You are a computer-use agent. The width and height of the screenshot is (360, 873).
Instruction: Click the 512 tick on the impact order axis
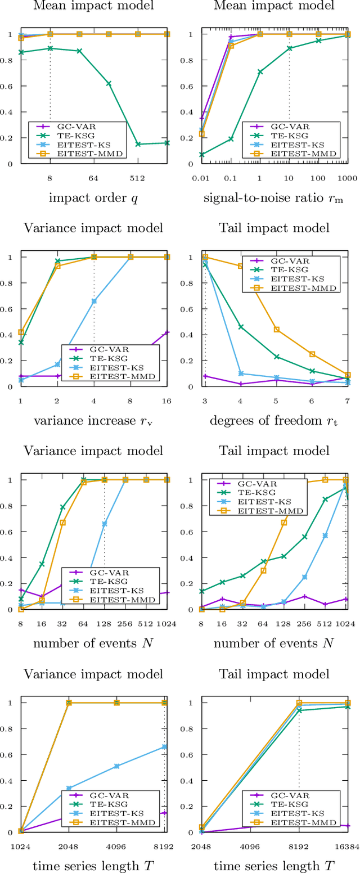(x=138, y=178)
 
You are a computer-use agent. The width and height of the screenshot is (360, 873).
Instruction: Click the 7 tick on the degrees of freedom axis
(x=348, y=400)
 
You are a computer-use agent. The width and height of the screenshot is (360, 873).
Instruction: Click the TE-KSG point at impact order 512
(x=138, y=144)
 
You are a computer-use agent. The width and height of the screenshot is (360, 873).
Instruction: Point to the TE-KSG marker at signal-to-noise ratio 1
(x=260, y=72)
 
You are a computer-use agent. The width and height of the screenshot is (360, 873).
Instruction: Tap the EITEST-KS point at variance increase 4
(x=94, y=301)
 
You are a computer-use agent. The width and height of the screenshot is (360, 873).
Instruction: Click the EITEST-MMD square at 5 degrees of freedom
(x=276, y=330)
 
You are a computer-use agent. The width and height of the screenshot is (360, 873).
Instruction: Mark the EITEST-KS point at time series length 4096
(x=117, y=766)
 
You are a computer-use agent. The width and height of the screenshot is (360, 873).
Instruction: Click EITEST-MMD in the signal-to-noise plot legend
(x=301, y=152)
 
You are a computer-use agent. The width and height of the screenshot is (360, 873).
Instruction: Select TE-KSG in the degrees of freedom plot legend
(x=301, y=270)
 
